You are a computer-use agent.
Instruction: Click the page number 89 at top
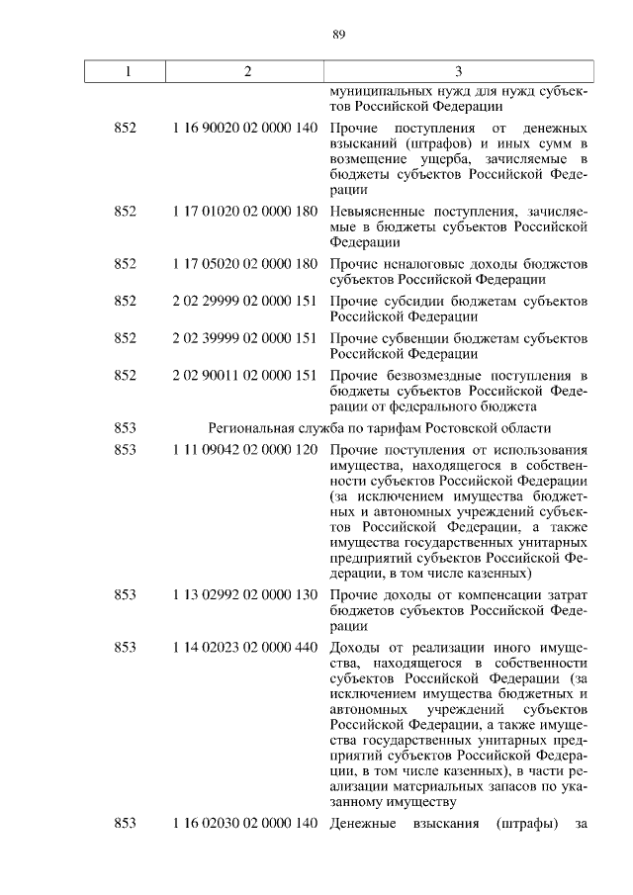click(338, 35)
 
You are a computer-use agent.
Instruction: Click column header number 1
click(126, 71)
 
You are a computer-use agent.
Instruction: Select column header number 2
click(248, 71)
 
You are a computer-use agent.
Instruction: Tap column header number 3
click(459, 71)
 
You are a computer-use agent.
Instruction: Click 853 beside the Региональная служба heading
click(126, 427)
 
